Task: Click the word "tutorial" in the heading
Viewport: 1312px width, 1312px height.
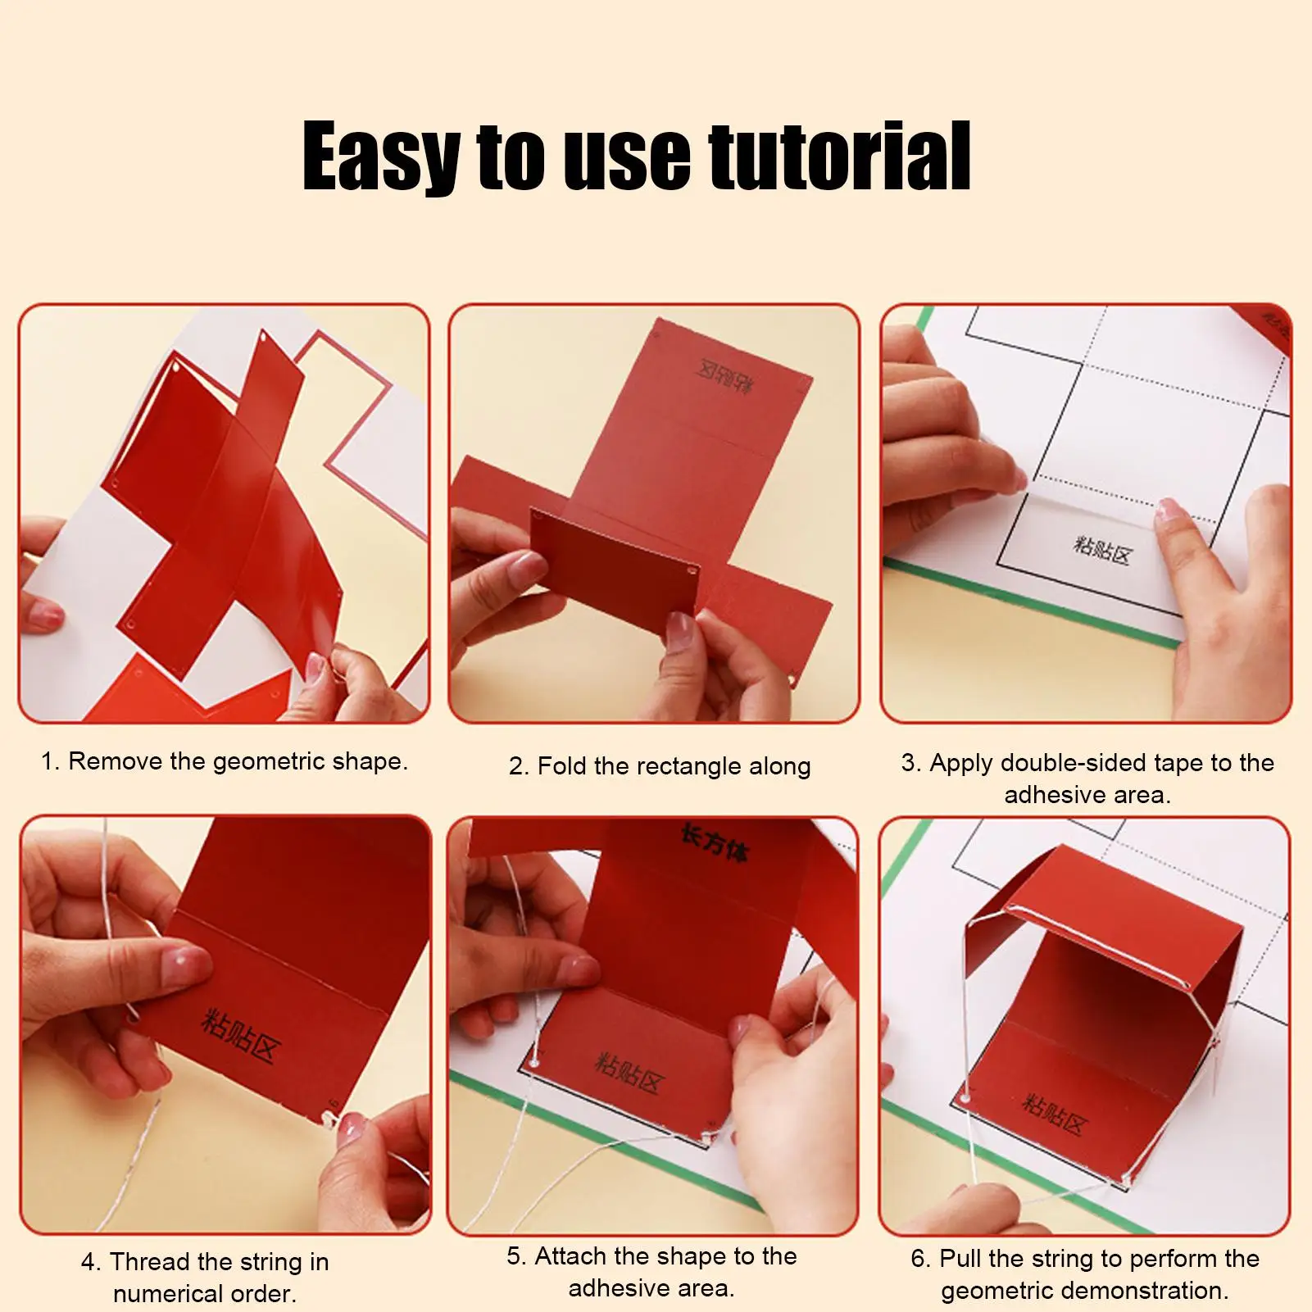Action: [x=840, y=156]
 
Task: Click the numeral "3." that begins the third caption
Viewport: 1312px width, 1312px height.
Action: [x=911, y=763]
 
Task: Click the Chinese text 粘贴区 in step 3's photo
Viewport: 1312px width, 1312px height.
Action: [x=1102, y=550]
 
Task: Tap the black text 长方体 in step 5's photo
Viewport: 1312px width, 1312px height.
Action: [x=715, y=843]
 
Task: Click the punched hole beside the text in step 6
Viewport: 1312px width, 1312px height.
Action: [x=964, y=1096]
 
